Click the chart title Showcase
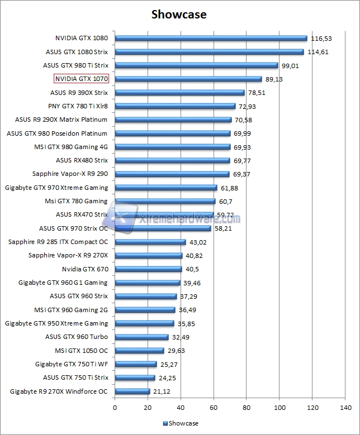pos(179,14)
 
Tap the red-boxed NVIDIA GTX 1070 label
pos(82,79)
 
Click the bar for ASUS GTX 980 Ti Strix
pos(196,65)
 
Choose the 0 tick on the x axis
pos(115,408)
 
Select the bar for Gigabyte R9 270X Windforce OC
pos(132,391)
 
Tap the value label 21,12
pos(162,391)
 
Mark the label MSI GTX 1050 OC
pos(81,351)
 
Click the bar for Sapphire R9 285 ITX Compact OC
pos(150,242)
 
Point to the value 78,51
pos(257,93)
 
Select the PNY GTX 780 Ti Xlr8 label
pos(78,106)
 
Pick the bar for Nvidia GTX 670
pos(148,269)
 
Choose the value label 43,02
pos(198,242)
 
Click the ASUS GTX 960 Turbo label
pos(77,337)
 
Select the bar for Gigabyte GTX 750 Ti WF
pos(135,364)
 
